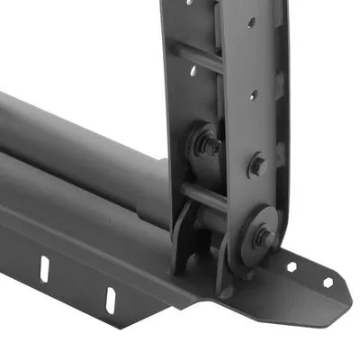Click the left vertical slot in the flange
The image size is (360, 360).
click(x=44, y=266)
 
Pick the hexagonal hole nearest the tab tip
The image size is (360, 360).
click(x=328, y=281)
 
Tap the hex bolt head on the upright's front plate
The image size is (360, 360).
click(x=256, y=166)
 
